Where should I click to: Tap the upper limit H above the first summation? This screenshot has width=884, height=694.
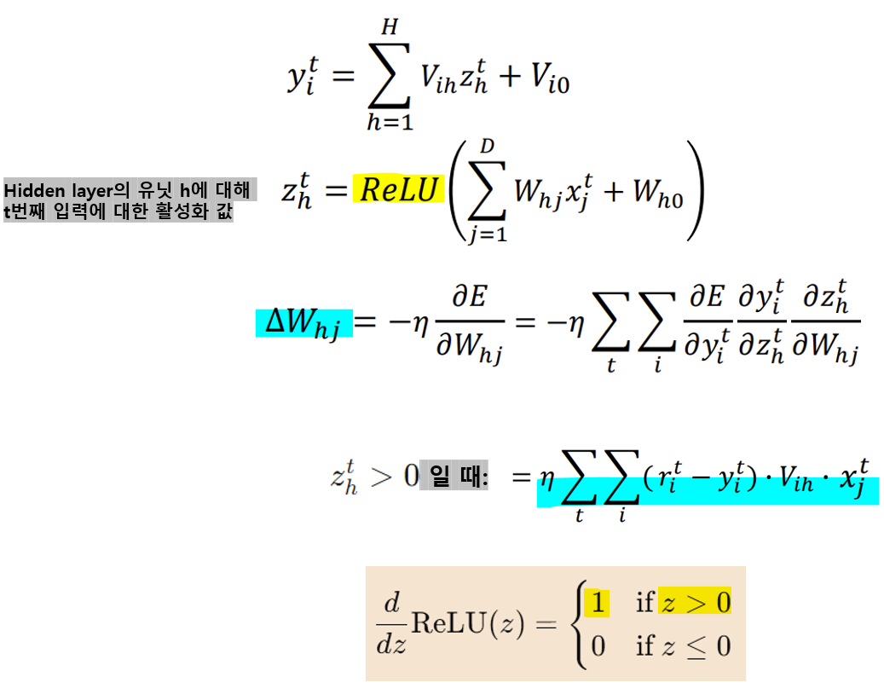tap(390, 28)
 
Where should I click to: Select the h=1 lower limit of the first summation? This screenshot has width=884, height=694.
tap(390, 122)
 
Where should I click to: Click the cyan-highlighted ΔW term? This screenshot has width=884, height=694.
tap(303, 323)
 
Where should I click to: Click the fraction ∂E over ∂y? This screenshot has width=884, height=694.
tap(706, 325)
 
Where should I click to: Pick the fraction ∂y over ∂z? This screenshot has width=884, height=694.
tap(760, 325)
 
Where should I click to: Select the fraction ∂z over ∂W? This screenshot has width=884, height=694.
tap(825, 325)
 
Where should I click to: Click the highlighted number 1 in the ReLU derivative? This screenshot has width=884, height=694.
tap(598, 604)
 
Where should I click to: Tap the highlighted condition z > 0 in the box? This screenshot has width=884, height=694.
tap(695, 604)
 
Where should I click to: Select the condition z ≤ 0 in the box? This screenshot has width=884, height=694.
tap(695, 645)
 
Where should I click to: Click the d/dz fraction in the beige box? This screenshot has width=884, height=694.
tap(391, 624)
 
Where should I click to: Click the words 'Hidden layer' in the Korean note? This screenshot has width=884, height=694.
tap(53, 189)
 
